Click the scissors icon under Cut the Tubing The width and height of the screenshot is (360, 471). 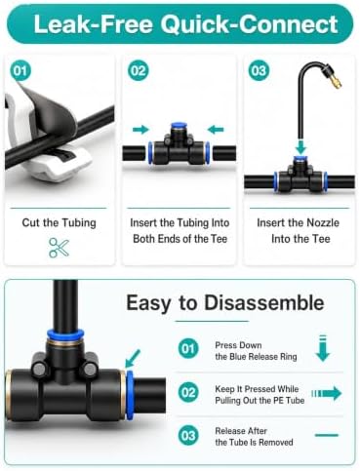click(59, 248)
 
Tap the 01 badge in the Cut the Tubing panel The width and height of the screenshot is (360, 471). click(20, 70)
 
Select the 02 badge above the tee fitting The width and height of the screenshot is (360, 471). click(139, 70)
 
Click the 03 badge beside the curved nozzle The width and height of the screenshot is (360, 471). click(259, 70)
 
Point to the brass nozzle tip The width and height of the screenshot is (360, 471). click(336, 83)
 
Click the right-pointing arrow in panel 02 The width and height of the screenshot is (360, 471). click(140, 130)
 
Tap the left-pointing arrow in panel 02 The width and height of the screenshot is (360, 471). click(216, 130)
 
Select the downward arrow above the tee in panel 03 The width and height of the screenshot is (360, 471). click(300, 146)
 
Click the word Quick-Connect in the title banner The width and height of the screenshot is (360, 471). click(250, 24)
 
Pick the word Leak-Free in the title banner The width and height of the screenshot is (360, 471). click(94, 24)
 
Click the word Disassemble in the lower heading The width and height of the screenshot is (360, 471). click(264, 302)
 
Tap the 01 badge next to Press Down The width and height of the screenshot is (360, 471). click(188, 349)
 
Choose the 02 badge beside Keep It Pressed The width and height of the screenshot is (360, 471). click(188, 392)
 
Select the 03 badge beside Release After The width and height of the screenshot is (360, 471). click(188, 436)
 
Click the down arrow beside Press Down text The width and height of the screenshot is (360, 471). click(323, 348)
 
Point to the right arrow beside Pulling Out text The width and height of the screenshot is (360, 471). click(326, 394)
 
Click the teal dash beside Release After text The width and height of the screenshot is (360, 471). click(327, 435)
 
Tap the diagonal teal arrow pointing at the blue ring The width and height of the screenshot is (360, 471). click(133, 358)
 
